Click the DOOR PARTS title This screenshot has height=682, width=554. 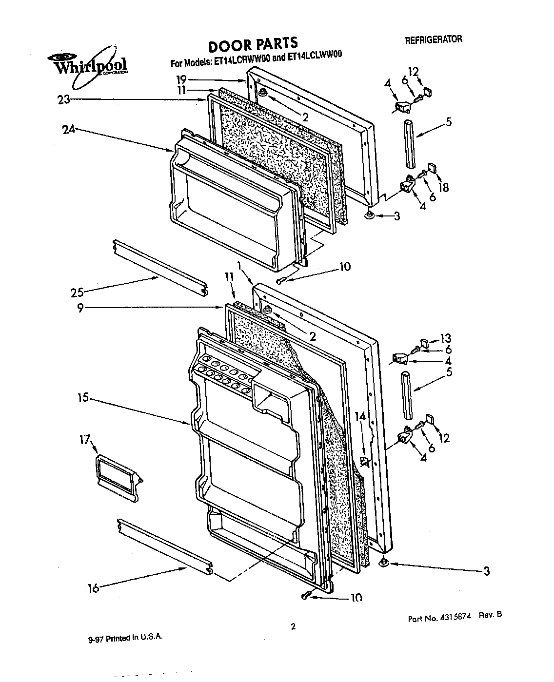(253, 45)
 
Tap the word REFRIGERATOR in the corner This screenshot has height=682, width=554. (433, 40)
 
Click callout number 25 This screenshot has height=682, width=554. (77, 292)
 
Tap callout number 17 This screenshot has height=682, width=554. (84, 440)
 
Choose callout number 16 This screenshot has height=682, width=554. (93, 588)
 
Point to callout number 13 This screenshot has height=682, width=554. (445, 338)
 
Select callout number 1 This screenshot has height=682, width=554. (239, 267)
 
